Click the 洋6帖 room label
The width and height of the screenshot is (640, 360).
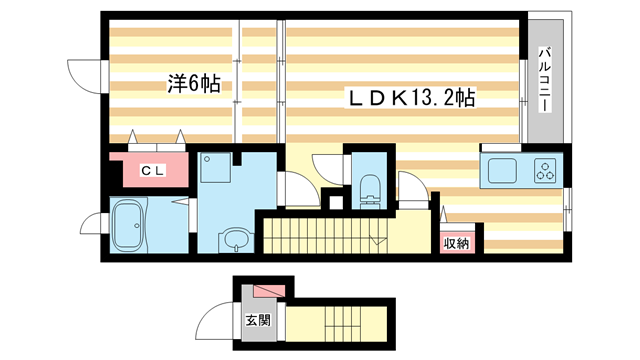(194, 84)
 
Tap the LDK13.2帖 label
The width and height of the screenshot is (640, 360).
(411, 98)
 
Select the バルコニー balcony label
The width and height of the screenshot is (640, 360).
(545, 80)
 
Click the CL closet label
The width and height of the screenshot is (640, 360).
(153, 170)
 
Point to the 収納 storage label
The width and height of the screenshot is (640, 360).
(457, 243)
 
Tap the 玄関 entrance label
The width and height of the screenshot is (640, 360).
(258, 320)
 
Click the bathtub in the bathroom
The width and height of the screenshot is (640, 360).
(128, 225)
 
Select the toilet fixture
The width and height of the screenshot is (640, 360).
(370, 191)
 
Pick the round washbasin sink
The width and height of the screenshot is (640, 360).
(236, 240)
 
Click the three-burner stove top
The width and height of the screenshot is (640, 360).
(545, 170)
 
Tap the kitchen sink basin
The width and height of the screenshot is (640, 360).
(502, 171)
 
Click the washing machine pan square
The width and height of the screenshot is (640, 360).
(216, 168)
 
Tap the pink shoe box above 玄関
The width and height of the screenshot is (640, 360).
(269, 291)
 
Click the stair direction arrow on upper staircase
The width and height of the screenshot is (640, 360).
(379, 240)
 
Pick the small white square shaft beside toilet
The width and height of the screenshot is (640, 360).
(336, 203)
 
